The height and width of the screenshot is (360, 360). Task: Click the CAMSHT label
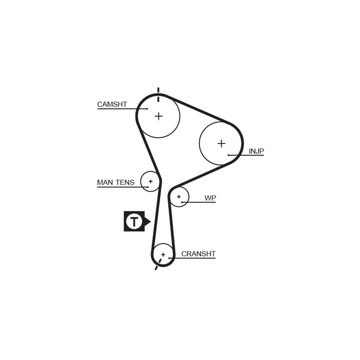(112, 104)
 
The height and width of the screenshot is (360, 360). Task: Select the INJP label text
(256, 151)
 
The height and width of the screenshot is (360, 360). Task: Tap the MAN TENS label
(116, 182)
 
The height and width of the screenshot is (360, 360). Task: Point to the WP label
(210, 198)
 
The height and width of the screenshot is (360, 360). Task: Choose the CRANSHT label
(198, 254)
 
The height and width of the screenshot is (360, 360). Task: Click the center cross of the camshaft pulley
(159, 116)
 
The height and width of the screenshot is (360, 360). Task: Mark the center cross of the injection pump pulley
(221, 144)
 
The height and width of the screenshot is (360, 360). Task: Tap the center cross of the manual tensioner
(150, 181)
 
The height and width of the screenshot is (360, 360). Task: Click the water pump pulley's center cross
(179, 197)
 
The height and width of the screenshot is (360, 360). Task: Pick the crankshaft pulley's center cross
(163, 255)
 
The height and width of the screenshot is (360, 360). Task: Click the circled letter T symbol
(134, 221)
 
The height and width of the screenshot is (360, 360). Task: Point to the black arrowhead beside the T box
(148, 221)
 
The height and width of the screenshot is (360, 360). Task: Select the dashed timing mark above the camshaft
(158, 94)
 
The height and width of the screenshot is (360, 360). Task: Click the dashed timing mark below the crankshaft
(158, 264)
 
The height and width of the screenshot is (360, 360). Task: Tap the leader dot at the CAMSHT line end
(147, 109)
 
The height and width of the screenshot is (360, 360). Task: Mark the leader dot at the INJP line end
(229, 155)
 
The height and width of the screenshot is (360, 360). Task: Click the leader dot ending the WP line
(182, 202)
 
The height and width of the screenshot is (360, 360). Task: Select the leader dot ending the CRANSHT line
(169, 258)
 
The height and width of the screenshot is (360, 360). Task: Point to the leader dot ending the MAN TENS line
(148, 187)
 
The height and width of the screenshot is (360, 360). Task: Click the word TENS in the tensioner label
(125, 182)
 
